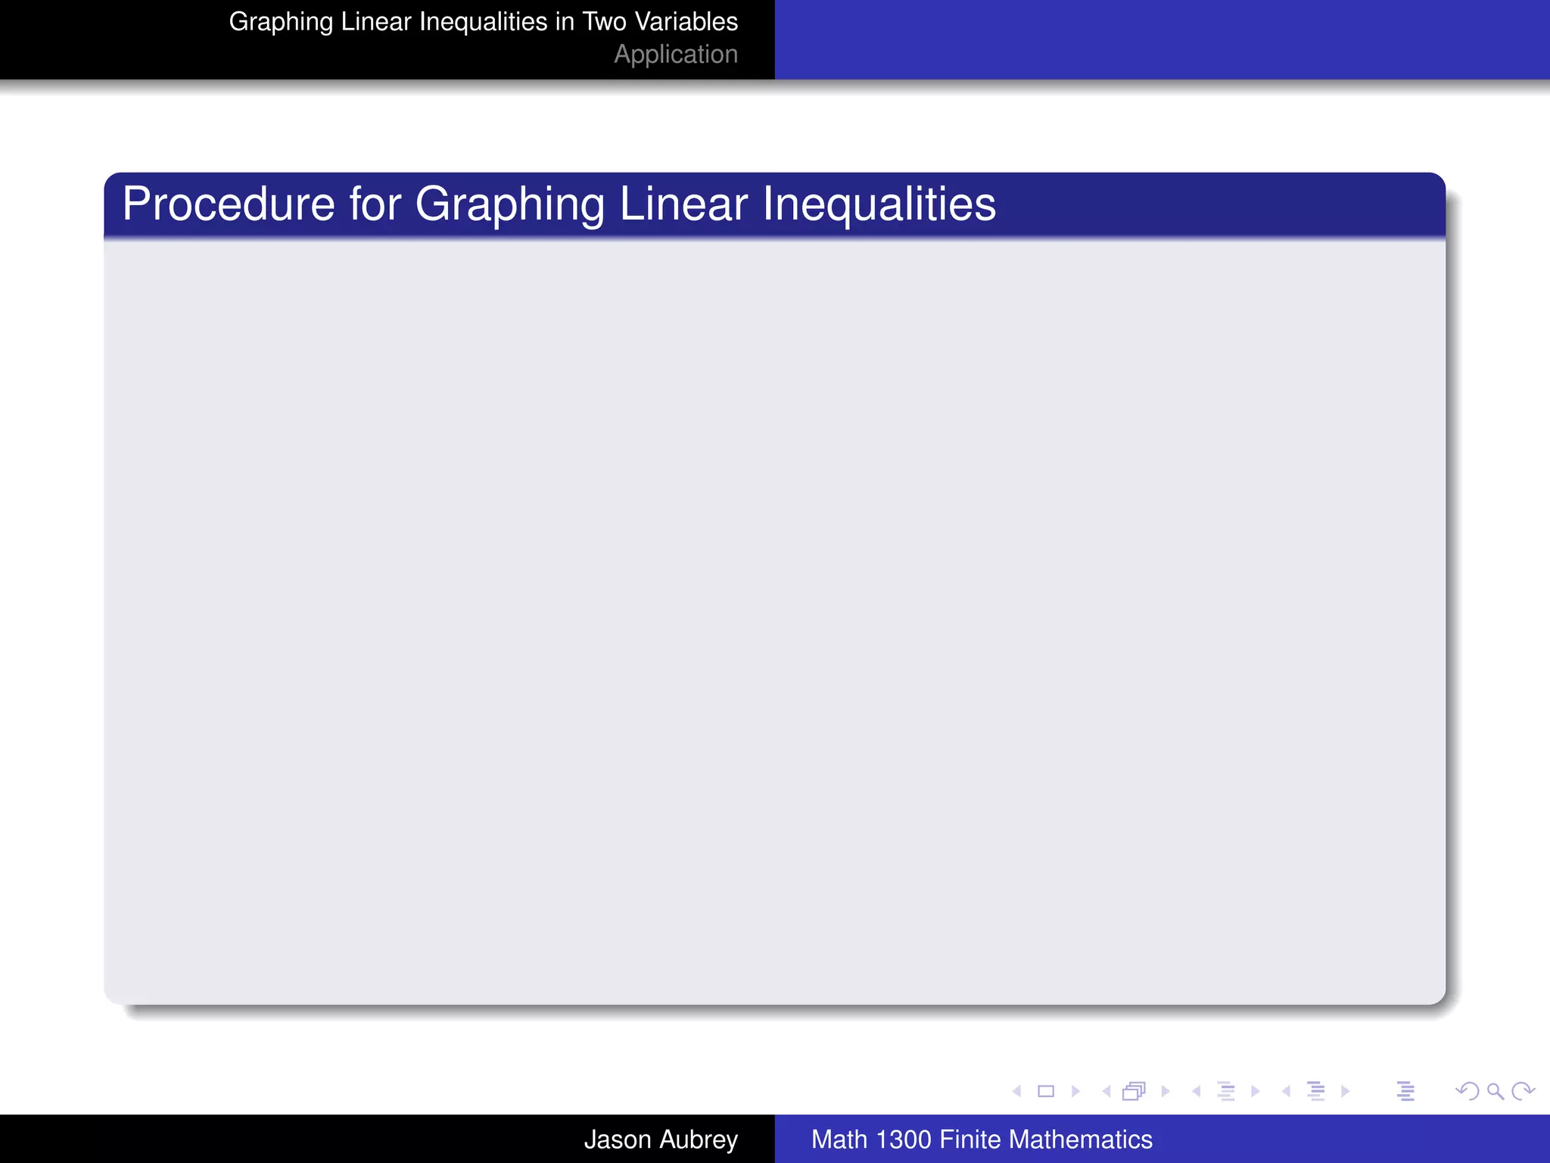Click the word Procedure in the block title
(x=228, y=204)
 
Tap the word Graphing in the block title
(x=510, y=204)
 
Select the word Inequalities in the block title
(x=879, y=204)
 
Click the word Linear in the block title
(x=683, y=204)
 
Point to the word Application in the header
(x=675, y=55)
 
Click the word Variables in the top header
(x=686, y=21)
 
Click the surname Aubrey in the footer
(x=697, y=1139)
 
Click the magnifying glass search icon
(x=1495, y=1091)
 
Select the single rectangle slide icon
(x=1046, y=1091)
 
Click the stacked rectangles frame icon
(x=1134, y=1091)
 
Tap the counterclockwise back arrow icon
(x=1468, y=1091)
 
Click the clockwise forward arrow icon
(x=1523, y=1091)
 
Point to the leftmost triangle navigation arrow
(x=1016, y=1091)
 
